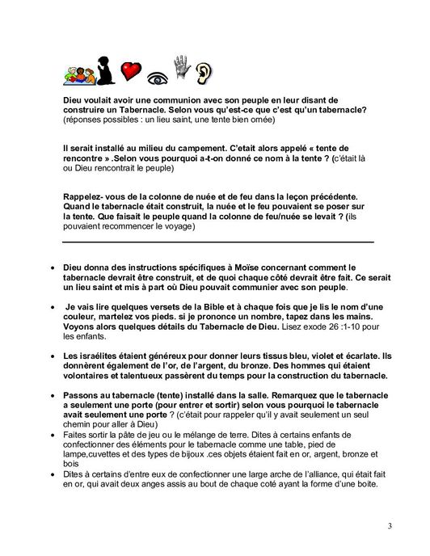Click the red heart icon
point(131,71)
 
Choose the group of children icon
point(78,75)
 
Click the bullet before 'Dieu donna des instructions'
point(53,265)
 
